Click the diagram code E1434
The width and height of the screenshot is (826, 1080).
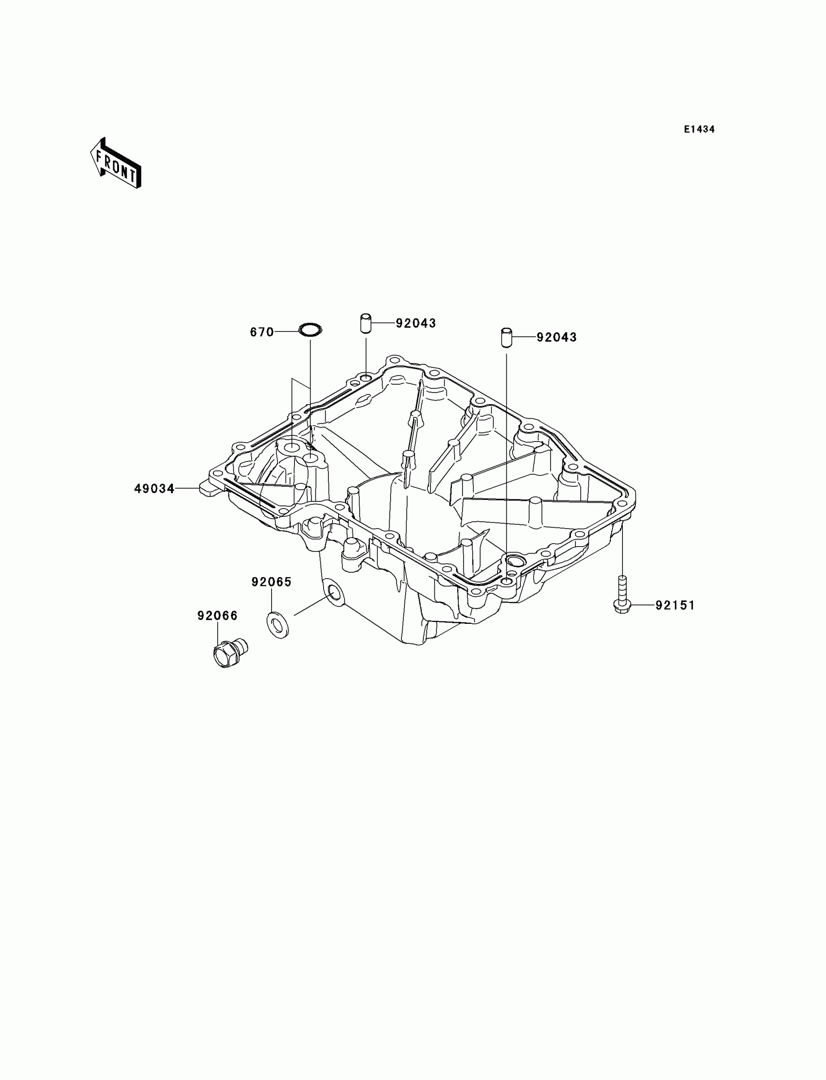(x=699, y=130)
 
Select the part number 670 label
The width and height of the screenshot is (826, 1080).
(x=261, y=332)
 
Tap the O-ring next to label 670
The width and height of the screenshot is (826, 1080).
(x=310, y=329)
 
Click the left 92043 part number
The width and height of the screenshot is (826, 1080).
(x=416, y=323)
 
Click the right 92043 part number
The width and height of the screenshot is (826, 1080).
(x=556, y=337)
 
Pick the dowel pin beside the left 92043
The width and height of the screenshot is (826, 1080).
(x=365, y=323)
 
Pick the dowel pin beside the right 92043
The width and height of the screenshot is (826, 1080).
(x=506, y=338)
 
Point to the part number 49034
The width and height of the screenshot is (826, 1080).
(x=155, y=489)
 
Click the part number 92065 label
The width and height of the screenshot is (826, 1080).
(x=272, y=582)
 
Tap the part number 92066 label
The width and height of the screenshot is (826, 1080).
(x=217, y=616)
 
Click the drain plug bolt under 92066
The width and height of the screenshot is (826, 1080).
(x=229, y=652)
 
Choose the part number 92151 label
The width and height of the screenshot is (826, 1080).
(x=675, y=606)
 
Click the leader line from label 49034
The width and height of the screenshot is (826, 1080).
(x=187, y=488)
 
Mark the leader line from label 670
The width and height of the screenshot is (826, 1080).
(x=287, y=332)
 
